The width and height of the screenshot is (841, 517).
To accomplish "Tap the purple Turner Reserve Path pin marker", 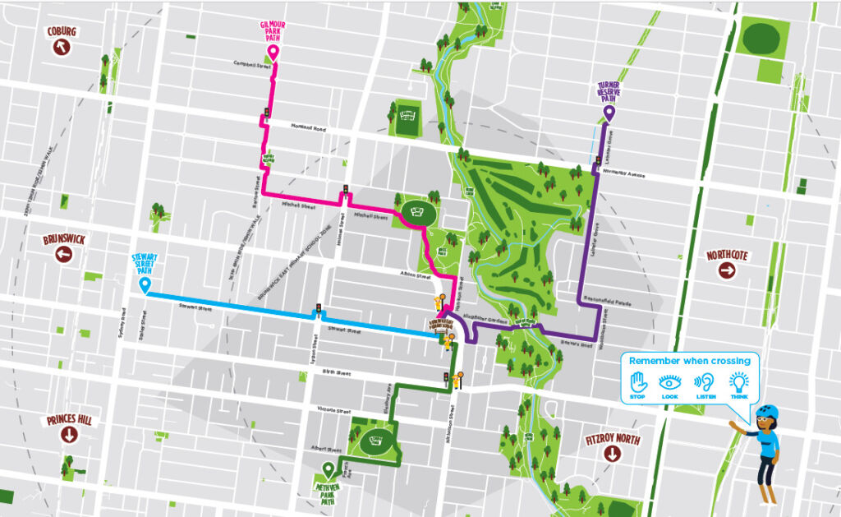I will point(609,113).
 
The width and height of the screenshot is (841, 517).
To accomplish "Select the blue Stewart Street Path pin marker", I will point(145,285).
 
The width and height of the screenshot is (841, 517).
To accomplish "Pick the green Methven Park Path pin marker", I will point(329,470).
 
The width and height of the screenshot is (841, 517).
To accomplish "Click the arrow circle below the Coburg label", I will point(62,47).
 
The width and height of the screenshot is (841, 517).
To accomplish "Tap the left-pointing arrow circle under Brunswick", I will point(63,255).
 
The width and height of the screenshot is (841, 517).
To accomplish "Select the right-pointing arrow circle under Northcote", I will point(727,270).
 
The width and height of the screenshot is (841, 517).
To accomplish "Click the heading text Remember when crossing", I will point(690,361).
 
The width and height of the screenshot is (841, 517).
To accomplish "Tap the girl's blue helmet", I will point(769,411).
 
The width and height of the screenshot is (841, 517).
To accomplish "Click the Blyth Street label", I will point(338,373).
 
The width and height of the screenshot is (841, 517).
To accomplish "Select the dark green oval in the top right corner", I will point(761,37).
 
